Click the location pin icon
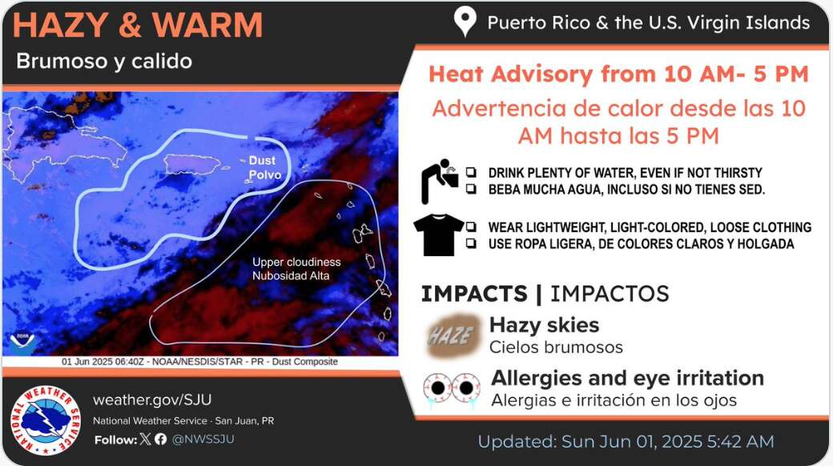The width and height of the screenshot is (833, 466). tap(465, 22)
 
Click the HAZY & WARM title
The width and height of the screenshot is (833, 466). tap(138, 26)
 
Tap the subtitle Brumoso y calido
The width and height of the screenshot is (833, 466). tap(104, 62)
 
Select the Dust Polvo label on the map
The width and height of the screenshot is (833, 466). tap(262, 167)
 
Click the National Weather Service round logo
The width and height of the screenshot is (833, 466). tap(45, 420)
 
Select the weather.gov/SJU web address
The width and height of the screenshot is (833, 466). tap(152, 400)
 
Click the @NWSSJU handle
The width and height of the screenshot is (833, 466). tap(203, 439)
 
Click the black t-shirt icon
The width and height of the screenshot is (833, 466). tap(439, 235)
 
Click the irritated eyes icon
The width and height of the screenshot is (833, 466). tap(452, 389)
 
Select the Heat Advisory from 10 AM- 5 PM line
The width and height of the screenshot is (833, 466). tap(618, 74)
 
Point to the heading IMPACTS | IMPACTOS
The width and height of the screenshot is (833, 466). tap(545, 294)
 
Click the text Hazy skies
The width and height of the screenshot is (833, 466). tap(544, 325)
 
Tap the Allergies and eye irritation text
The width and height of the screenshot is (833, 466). tap(627, 378)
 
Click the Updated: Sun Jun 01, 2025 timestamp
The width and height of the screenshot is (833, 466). tap(626, 441)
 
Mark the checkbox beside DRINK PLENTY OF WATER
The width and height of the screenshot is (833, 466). tap(472, 172)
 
